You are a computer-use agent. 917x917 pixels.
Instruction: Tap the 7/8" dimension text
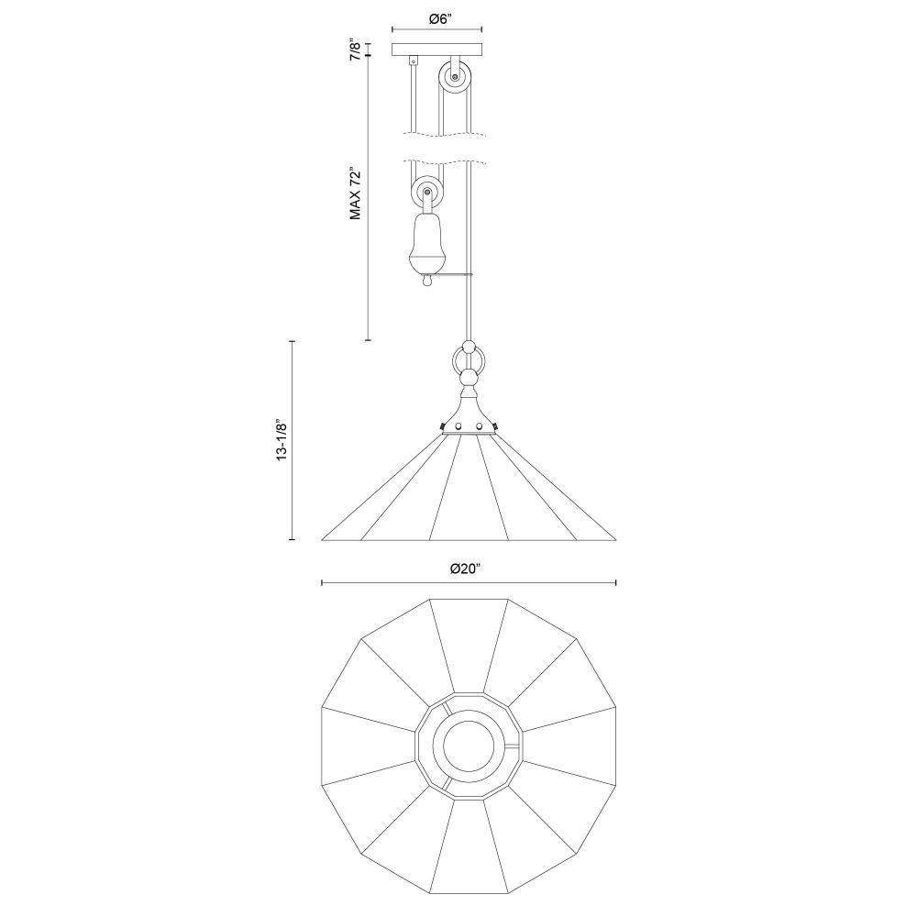[355, 50]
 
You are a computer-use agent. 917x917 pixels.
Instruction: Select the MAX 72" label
[355, 194]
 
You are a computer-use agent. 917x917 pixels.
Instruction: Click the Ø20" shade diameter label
[465, 569]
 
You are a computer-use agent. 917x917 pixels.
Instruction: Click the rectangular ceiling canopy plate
[436, 50]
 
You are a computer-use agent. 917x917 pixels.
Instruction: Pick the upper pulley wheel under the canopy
[454, 77]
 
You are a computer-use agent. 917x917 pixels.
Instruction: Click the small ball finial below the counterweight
[426, 282]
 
